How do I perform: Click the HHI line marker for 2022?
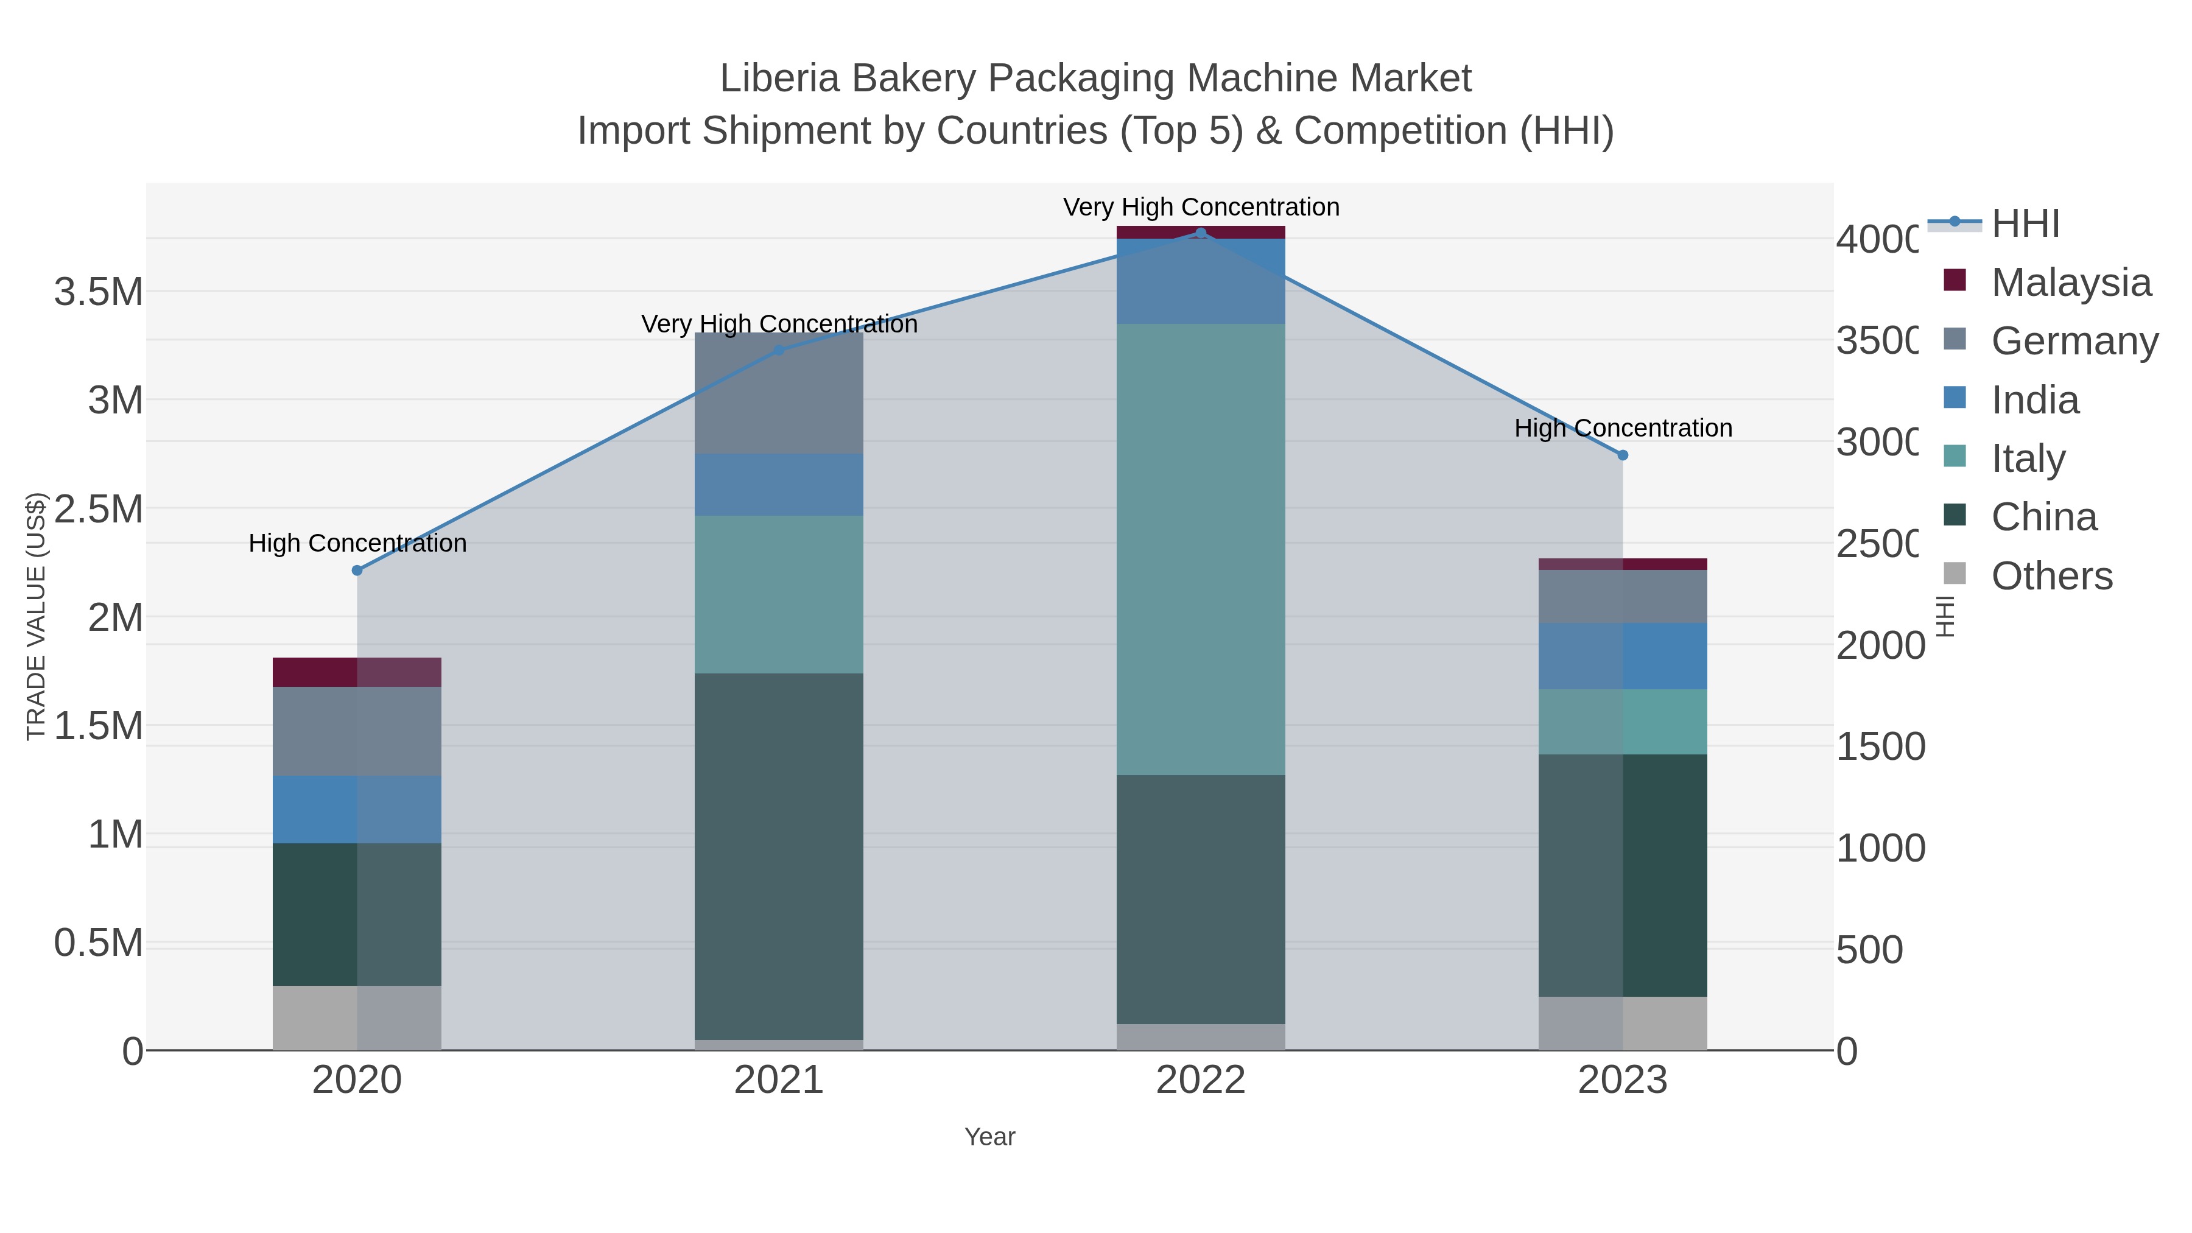click(x=1201, y=233)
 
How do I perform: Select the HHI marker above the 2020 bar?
click(x=357, y=570)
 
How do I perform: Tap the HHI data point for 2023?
click(x=1623, y=455)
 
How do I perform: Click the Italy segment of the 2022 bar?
click(x=1201, y=549)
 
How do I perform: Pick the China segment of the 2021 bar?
click(x=779, y=855)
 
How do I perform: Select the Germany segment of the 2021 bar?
click(x=779, y=393)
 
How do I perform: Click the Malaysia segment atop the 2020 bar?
click(x=357, y=672)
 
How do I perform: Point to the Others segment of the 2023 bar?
click(x=1623, y=1023)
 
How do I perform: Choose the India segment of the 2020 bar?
click(x=357, y=809)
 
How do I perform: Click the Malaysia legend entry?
click(x=2070, y=283)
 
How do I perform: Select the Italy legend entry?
click(x=2028, y=458)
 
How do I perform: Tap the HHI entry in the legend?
click(x=2025, y=224)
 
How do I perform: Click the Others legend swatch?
click(x=1955, y=574)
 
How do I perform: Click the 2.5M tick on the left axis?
click(x=99, y=509)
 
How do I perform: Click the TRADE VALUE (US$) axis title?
click(x=36, y=616)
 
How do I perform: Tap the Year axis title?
click(x=989, y=1137)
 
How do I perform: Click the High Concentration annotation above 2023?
click(x=1623, y=428)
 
